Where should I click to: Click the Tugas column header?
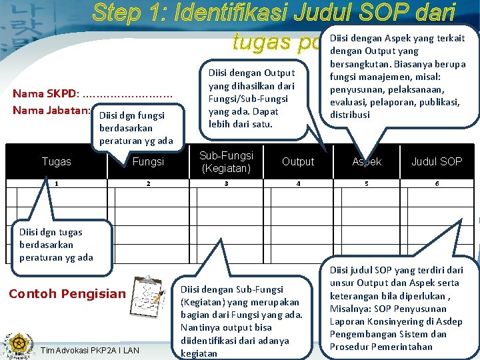point(56,161)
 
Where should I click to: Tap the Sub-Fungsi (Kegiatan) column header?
point(227,161)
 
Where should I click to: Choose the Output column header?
point(298,161)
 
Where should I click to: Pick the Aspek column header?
point(367,161)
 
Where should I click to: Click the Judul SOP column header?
point(437,161)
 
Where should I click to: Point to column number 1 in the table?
point(56,183)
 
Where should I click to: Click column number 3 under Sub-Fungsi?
point(227,183)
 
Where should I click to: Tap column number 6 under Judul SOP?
point(437,183)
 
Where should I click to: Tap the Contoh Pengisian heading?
point(67,294)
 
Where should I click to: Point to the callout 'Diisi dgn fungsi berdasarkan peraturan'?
point(136,127)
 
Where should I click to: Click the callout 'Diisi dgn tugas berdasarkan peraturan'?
point(56,245)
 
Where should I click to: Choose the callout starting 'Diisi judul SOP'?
point(396,308)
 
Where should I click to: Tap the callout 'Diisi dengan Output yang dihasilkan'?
point(247,98)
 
